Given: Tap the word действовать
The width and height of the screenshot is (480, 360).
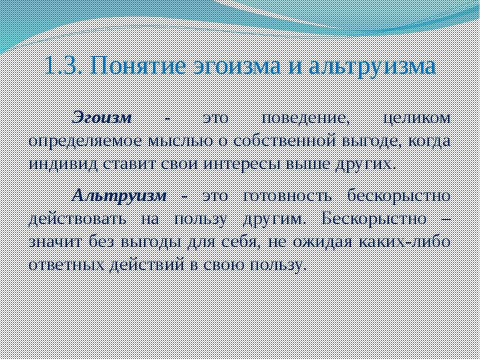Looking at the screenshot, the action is pyautogui.click(x=77, y=219).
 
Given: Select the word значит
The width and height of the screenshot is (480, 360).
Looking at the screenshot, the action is pyautogui.click(x=56, y=242).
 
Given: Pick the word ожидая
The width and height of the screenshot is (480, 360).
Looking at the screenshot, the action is pyautogui.click(x=323, y=242).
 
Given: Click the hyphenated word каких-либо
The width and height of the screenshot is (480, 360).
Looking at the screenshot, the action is pyautogui.click(x=404, y=242).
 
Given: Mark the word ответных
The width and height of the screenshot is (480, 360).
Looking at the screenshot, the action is pyautogui.click(x=66, y=265).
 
